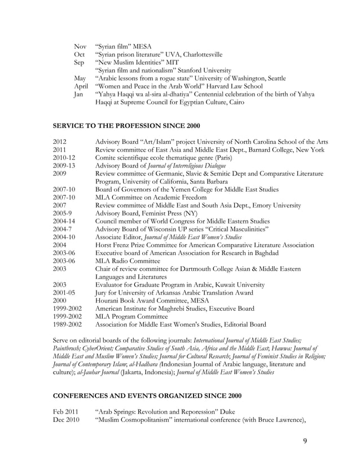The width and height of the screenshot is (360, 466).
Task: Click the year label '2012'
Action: [60, 142]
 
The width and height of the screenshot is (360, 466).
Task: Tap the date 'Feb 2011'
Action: [66, 412]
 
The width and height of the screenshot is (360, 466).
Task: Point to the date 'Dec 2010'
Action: [66, 420]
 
